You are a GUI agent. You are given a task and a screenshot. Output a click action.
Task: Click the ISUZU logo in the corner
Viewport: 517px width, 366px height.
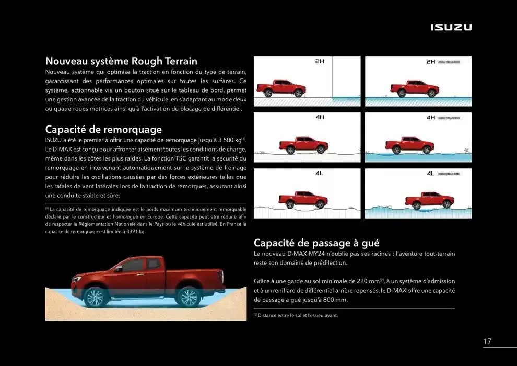point(451,27)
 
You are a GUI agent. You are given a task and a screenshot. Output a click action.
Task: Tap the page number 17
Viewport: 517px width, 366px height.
point(487,341)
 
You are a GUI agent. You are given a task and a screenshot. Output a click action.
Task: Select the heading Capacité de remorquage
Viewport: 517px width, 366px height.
point(103,129)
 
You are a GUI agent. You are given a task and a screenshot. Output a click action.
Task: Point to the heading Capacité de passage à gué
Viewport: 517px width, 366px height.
point(316,243)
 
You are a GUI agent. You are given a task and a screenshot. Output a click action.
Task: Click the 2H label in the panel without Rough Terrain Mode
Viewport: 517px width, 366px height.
point(320,61)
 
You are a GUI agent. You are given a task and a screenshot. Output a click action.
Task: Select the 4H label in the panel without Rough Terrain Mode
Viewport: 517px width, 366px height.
point(320,117)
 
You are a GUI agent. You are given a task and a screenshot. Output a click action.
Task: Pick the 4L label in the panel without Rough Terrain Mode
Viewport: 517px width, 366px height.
point(319,173)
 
